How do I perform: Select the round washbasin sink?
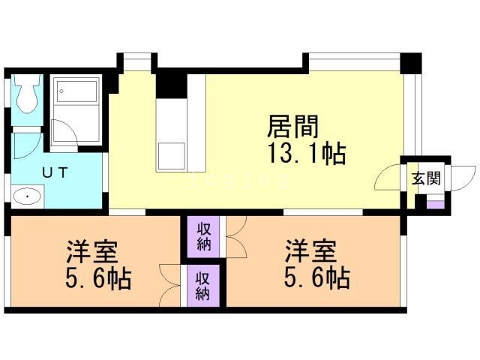click(28, 198)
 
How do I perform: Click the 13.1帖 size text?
click(306, 154)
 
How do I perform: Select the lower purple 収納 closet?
click(203, 284)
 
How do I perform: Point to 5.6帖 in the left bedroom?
click(98, 279)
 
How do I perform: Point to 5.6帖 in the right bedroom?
click(316, 278)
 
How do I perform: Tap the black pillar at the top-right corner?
click(411, 62)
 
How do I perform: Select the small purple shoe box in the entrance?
click(434, 200)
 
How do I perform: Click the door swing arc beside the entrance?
click(389, 178)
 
